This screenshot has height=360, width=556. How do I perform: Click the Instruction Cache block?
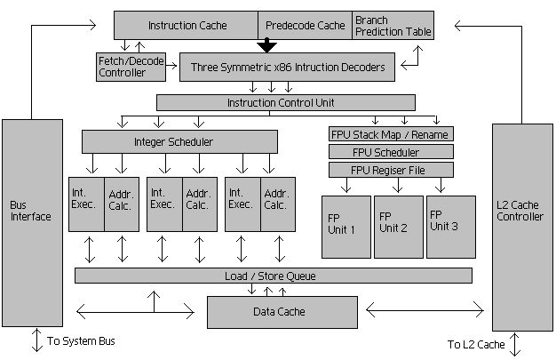(x=187, y=25)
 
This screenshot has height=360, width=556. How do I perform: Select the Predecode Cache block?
(x=305, y=25)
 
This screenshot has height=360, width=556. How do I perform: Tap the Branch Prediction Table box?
(x=393, y=25)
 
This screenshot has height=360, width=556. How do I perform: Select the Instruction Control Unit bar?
(x=285, y=102)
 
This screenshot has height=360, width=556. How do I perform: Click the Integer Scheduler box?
(x=173, y=141)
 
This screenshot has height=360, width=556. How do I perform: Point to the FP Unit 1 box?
(x=345, y=227)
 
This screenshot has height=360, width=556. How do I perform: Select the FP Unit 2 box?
(x=397, y=227)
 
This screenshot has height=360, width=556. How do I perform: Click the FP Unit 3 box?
(x=450, y=227)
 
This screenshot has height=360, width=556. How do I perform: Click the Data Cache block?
(x=280, y=312)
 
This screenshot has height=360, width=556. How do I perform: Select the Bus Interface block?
(x=32, y=221)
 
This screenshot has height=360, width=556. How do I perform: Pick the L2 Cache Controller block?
(x=522, y=226)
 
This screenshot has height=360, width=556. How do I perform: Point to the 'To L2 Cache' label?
(x=477, y=344)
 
